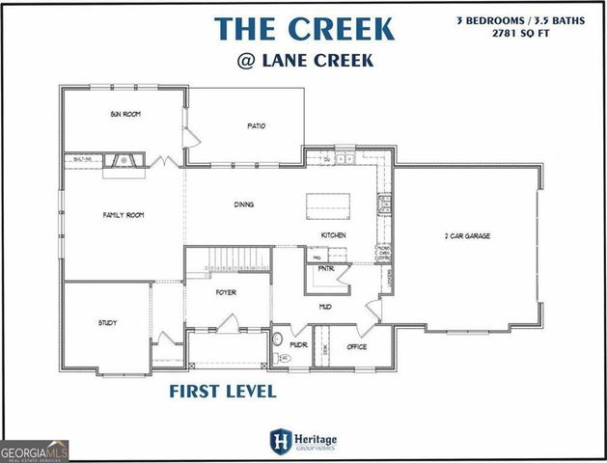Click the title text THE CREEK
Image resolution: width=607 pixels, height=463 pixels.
[x=304, y=28]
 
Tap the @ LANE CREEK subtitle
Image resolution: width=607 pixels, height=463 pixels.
[x=304, y=63]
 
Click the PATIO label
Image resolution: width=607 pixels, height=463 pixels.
[x=256, y=125]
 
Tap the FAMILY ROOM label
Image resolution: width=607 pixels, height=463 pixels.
[x=123, y=215]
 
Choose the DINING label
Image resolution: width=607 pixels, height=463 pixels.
[x=244, y=204]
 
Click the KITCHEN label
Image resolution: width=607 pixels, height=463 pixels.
[x=334, y=235]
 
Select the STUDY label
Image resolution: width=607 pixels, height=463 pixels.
[x=107, y=322]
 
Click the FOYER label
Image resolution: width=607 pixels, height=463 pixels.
[x=226, y=292]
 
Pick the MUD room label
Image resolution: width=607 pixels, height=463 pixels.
[x=326, y=307]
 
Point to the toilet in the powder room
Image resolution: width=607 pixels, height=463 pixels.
[x=280, y=340]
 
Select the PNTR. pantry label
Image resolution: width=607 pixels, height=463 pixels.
[x=325, y=269]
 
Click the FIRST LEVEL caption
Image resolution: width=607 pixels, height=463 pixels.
[x=223, y=392]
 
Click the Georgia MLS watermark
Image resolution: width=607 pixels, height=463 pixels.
[x=35, y=450]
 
